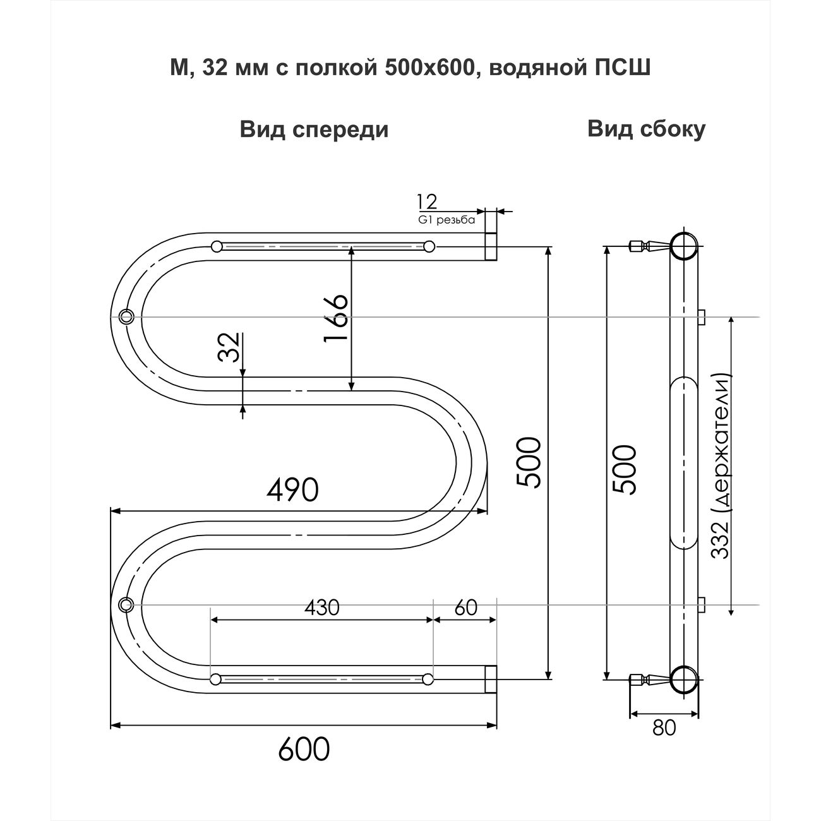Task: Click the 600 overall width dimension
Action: pos(304,750)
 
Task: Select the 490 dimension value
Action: pos(292,489)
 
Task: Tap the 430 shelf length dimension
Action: pos(321,608)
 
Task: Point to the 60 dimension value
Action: pos(465,608)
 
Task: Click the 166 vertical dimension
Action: pos(335,319)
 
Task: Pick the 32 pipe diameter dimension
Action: pos(229,347)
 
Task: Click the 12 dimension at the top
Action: pos(426,202)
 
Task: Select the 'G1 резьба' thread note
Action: pos(445,220)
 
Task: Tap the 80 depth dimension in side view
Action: pos(664,728)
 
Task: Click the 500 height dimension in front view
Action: pos(528,463)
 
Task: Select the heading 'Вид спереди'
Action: pos(314,129)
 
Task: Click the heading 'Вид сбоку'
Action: pos(646,129)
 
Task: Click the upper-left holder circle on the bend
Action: pos(126,316)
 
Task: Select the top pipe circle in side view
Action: pos(683,246)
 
